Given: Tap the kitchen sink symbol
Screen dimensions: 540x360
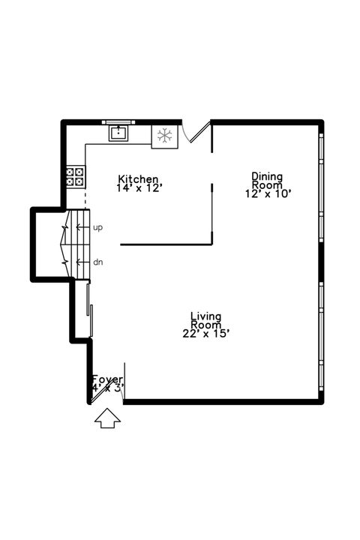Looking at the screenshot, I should pos(118,133).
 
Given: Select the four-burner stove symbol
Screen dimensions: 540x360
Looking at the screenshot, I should pos(75,177).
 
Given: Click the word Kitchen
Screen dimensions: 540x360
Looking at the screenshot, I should pos(139,178).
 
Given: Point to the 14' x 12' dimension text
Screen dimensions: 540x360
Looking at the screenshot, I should pos(139,188).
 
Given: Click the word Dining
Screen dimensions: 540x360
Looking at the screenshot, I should pos(267,176).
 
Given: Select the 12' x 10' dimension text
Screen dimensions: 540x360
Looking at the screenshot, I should pos(268,193).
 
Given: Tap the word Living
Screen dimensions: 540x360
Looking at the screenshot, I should pos(205,316).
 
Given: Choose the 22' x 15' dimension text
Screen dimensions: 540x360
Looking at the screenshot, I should pos(205,333).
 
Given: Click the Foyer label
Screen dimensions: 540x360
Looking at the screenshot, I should pos(107,379).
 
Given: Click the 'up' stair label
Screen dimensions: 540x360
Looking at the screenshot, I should pos(97,226).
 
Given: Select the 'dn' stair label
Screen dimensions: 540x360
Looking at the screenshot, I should pos(97,262).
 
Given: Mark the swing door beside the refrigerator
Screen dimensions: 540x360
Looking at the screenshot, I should pos(196,133).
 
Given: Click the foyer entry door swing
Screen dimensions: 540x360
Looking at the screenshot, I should pos(100,394).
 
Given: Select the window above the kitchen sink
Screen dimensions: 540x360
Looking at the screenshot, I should pos(118,121).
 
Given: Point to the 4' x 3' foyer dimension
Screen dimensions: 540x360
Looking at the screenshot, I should pos(107,388).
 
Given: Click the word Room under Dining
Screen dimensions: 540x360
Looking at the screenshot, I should pos(267,184).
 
